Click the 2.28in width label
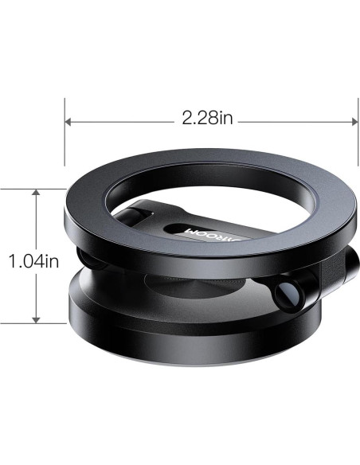coord(207,119)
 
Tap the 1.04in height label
coord(32,260)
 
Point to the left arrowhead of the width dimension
coord(69,121)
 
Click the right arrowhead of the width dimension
coord(351,121)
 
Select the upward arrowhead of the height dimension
coord(36,193)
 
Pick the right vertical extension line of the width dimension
coord(356,135)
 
